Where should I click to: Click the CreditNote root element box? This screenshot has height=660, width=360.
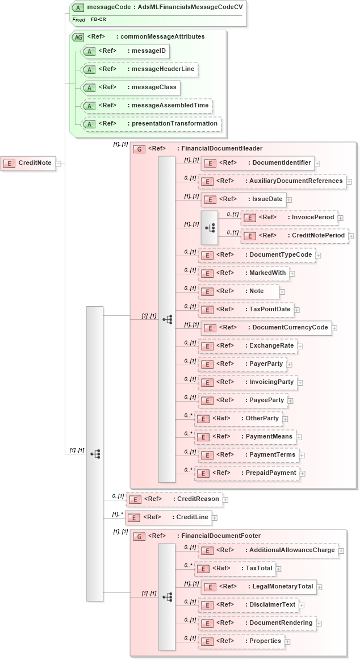28,163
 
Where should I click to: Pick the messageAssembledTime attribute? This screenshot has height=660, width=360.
147,106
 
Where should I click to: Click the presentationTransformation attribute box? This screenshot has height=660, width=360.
152,124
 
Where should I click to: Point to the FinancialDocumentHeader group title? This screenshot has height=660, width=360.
204,149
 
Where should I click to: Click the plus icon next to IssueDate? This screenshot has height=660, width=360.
288,199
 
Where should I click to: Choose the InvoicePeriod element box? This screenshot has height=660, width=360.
289,218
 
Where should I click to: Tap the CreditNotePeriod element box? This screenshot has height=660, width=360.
295,236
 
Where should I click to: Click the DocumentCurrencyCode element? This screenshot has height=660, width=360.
266,328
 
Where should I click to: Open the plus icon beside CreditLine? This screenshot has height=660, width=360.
215,518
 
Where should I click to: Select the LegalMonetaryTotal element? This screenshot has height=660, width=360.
259,587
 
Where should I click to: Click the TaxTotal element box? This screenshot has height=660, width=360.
235,569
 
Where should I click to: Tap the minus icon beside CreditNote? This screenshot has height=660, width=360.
58,164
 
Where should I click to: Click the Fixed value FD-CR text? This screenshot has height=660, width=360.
98,19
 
